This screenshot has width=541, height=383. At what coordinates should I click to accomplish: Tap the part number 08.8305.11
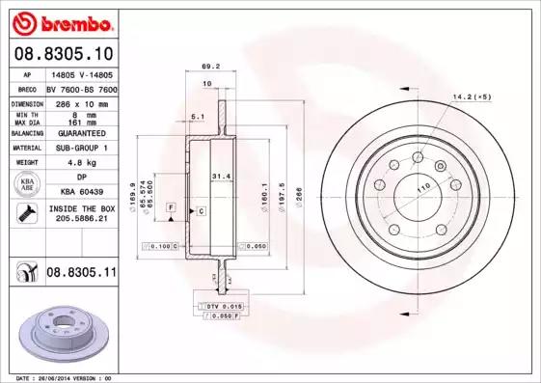point(81,274)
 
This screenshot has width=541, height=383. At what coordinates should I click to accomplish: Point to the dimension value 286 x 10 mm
point(81,101)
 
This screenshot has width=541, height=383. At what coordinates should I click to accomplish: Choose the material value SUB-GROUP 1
point(81,148)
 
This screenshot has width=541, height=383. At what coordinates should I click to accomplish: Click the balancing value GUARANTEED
point(81,132)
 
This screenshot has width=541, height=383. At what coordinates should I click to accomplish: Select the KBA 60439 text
point(81,193)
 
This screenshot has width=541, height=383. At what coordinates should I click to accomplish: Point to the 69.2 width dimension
point(206,67)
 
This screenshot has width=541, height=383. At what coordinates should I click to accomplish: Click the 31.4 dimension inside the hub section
point(221,176)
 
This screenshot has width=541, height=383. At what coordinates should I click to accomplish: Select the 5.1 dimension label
point(198,116)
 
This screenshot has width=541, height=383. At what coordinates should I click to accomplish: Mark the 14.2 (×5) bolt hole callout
point(473,97)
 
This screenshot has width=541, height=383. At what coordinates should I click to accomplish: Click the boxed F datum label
point(171,207)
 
